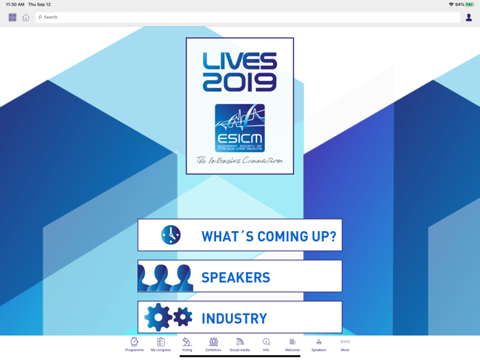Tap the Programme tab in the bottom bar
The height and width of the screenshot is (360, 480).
point(134,344)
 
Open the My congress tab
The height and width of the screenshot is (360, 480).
point(160,344)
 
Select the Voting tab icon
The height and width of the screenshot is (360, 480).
point(187,344)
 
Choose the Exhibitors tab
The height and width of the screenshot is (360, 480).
point(213,344)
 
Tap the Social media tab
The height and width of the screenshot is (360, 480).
point(239,344)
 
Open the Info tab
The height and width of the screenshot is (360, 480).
point(266,344)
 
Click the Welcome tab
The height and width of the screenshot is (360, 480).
point(292,344)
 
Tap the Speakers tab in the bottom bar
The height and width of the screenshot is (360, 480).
point(319,344)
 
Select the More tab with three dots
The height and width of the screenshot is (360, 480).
point(345,344)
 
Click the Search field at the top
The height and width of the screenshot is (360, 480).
point(247,17)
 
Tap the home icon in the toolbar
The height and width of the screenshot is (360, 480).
point(26,17)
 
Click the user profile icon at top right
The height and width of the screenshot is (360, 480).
point(469,17)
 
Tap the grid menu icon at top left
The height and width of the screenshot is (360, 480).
point(12,17)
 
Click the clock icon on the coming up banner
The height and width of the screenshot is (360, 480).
point(171,235)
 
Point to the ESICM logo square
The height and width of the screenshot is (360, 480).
point(240,128)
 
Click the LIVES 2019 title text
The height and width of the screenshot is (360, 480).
point(240,72)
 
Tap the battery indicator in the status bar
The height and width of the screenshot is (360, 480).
point(470,4)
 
